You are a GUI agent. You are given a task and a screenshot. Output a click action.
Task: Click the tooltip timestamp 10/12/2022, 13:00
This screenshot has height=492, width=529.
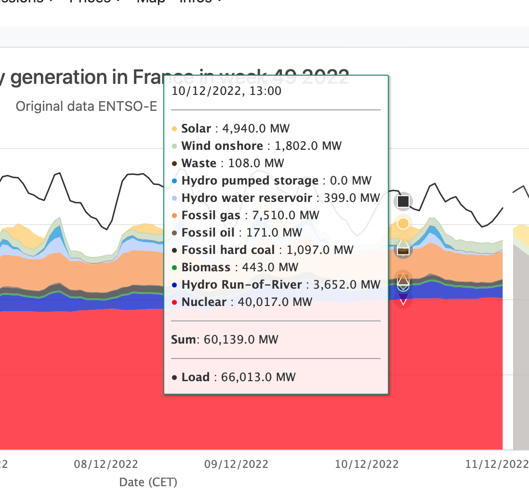(226, 91)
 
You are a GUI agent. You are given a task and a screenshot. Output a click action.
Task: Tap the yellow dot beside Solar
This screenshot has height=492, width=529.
(174, 129)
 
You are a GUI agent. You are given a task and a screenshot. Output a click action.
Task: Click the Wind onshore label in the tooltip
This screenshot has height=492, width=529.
(222, 146)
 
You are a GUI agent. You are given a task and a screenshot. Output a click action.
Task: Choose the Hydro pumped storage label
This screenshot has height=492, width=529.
(250, 181)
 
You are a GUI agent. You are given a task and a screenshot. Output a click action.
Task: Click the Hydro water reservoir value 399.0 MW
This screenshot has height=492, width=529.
(351, 198)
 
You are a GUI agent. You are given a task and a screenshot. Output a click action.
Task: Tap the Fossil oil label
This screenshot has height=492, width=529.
(208, 233)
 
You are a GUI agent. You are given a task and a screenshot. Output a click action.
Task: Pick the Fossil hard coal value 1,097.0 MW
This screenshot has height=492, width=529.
(320, 250)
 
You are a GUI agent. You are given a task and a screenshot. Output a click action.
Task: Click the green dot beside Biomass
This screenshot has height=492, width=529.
(174, 268)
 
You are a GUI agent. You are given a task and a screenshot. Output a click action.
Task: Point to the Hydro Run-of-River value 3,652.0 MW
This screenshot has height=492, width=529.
(347, 285)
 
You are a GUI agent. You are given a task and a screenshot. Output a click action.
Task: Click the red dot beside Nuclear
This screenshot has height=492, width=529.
(174, 303)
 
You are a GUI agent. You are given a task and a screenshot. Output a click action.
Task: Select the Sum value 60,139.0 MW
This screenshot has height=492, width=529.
(241, 340)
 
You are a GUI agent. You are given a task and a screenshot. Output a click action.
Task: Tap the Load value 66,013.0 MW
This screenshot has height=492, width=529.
(258, 377)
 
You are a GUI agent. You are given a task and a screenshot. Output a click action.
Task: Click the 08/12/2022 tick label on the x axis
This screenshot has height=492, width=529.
(106, 465)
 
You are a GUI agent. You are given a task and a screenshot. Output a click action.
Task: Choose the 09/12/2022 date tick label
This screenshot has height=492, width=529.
(237, 465)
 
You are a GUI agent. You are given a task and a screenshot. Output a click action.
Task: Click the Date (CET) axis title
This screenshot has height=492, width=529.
(148, 482)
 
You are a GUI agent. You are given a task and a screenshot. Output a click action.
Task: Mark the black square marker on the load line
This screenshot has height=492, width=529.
(403, 201)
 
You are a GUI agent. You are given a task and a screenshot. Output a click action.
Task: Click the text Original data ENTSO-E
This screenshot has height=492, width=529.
(87, 106)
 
